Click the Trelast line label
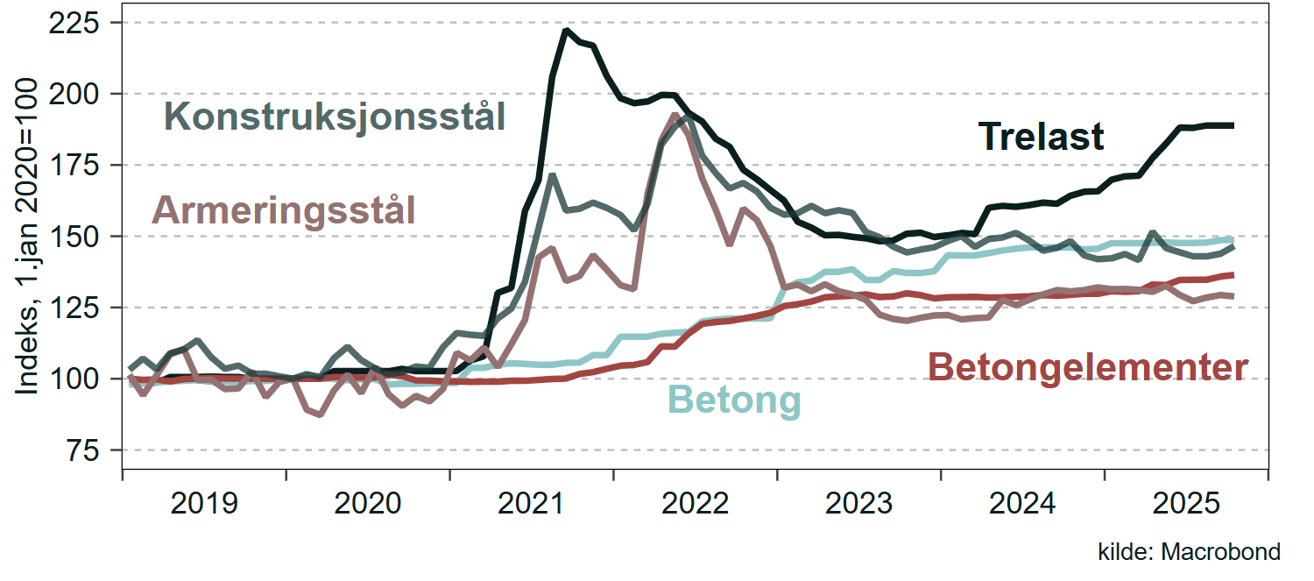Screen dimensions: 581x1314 point(1041,138)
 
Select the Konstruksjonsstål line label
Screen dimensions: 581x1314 point(336,117)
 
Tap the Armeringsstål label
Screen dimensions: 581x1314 point(284,211)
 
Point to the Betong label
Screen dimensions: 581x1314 point(735,400)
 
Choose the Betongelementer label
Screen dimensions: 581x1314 point(1087,368)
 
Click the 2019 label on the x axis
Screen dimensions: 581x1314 point(204,505)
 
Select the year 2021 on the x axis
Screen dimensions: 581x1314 point(532,505)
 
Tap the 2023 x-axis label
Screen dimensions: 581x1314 point(859,505)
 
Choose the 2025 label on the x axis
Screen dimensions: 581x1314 point(1187,505)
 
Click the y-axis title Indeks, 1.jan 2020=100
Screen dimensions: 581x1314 point(27,236)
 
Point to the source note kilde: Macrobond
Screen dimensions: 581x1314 point(1189,552)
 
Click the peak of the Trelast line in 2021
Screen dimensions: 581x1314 point(567,31)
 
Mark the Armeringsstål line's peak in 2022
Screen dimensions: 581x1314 point(674,115)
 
